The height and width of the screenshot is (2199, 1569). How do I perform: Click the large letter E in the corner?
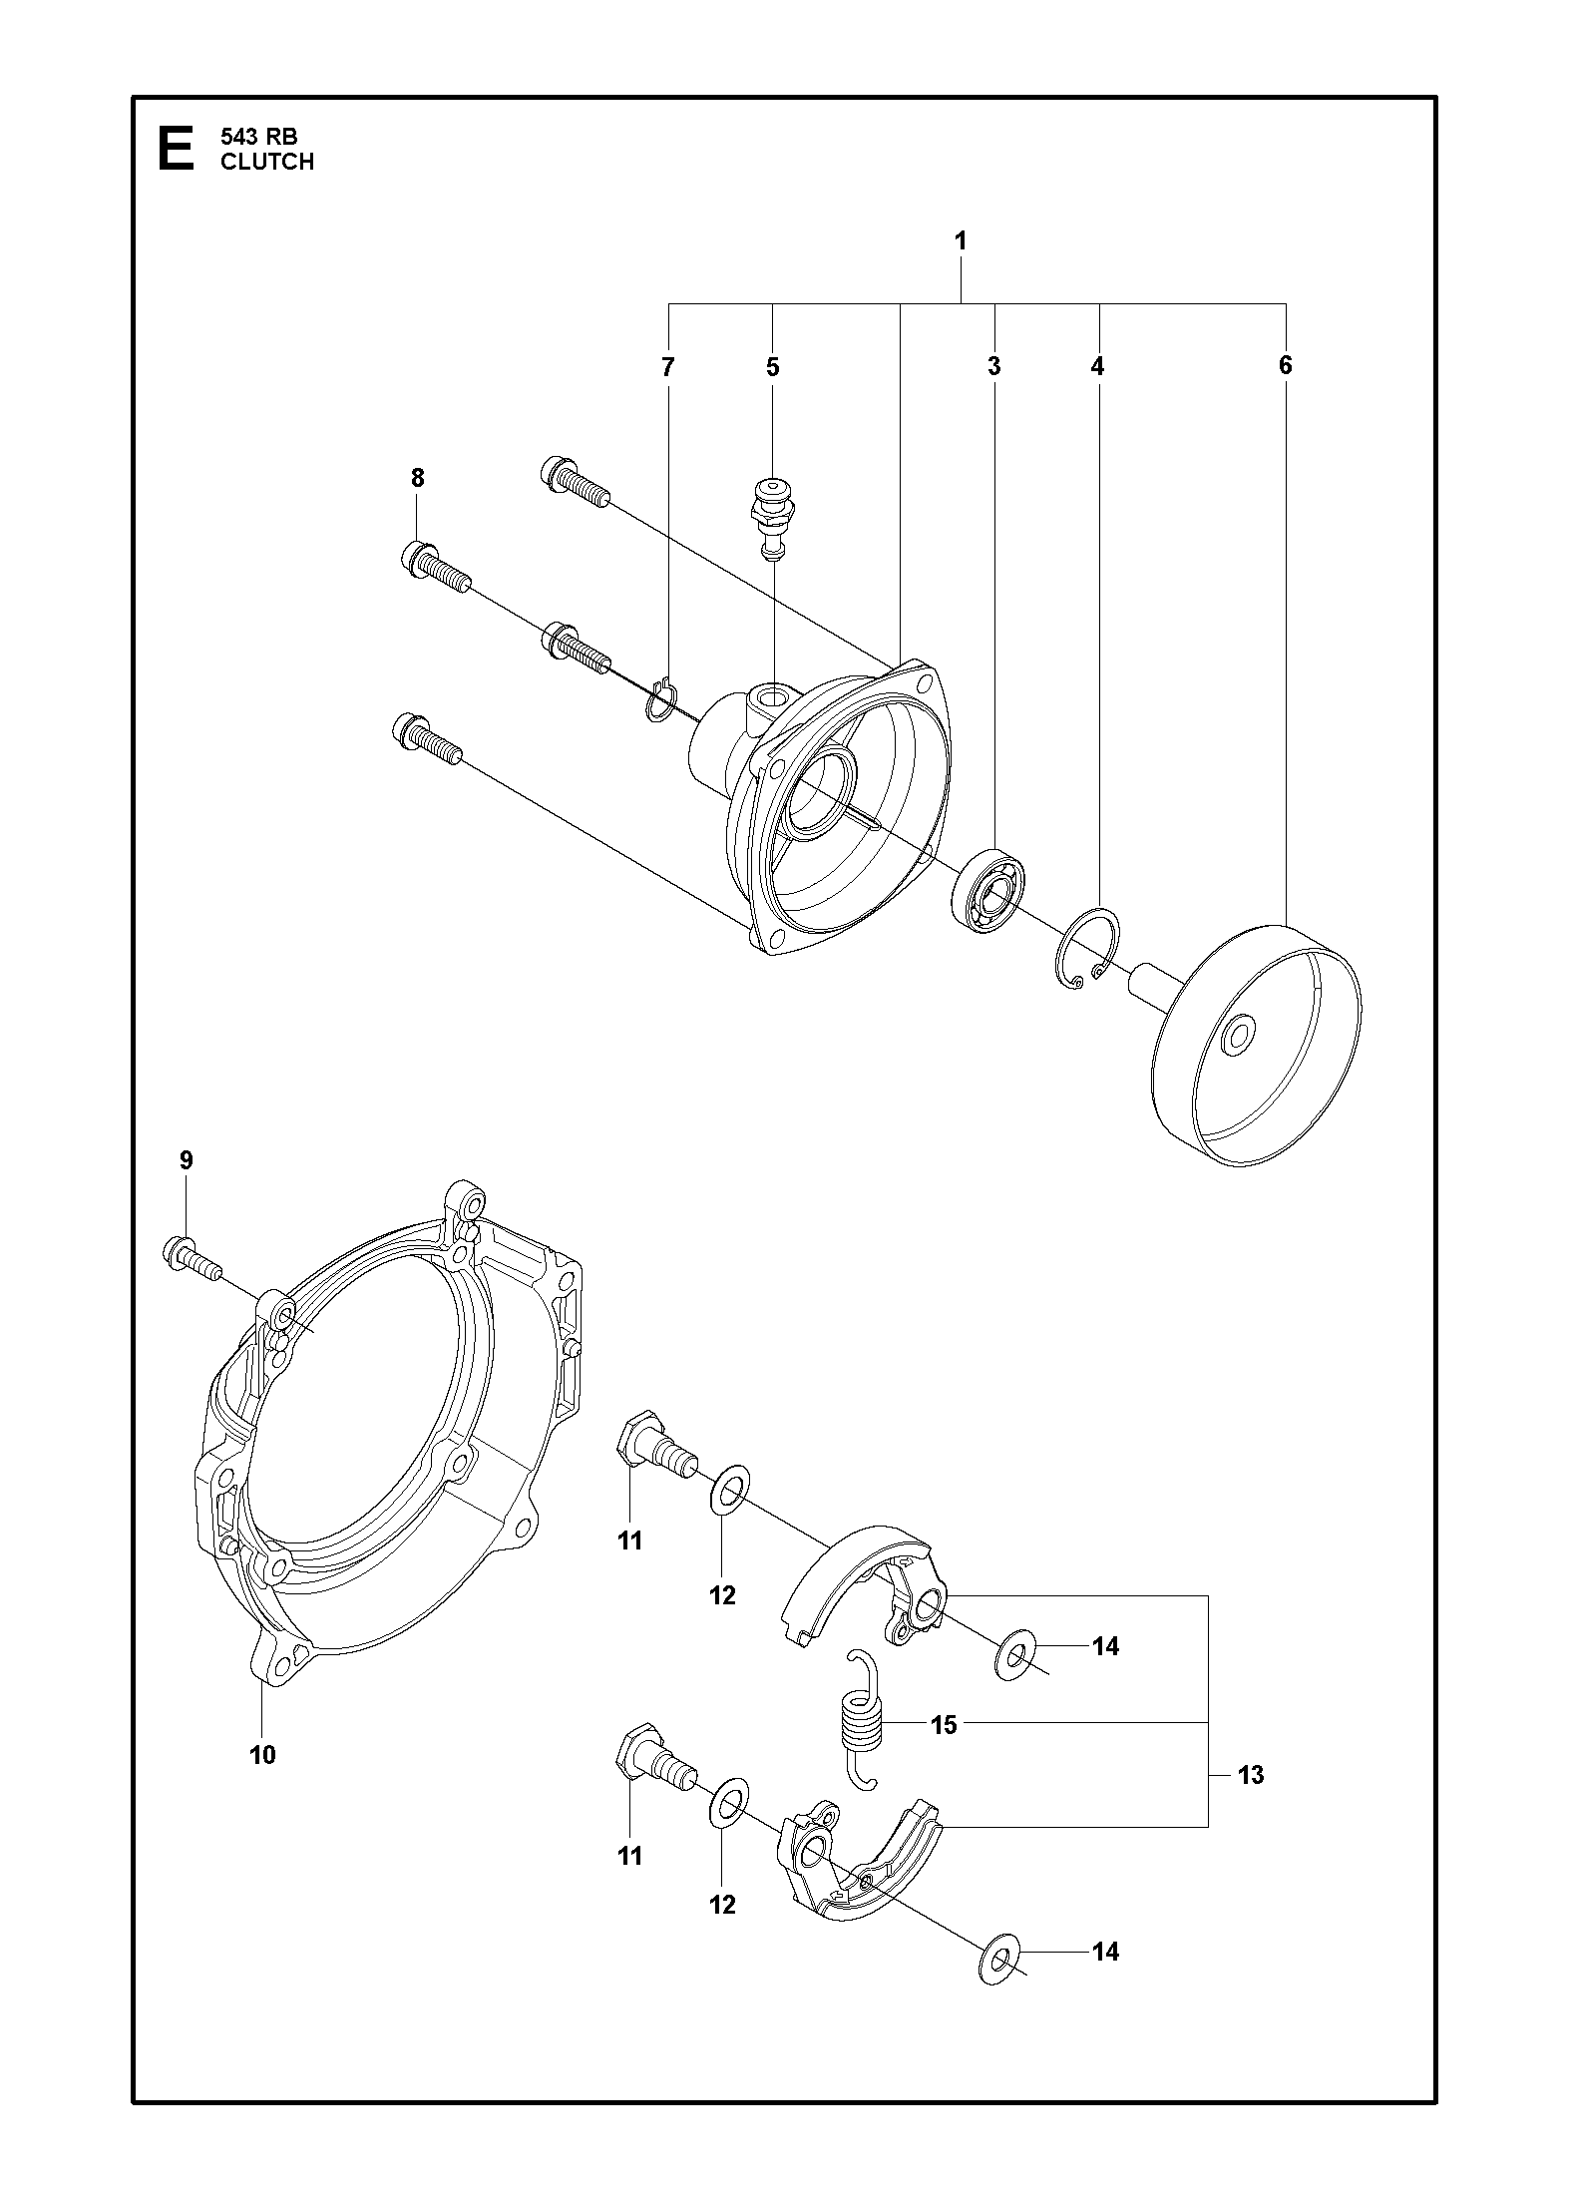point(177,149)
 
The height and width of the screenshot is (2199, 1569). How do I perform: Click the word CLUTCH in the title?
point(267,162)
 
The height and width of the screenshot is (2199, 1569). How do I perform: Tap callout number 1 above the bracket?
point(961,240)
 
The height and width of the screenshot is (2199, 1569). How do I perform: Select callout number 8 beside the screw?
point(417,478)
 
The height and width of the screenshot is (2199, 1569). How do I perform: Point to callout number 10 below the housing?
point(262,1754)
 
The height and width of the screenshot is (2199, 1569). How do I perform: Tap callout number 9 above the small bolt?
point(187,1160)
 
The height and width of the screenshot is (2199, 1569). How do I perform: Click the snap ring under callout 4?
point(1087,951)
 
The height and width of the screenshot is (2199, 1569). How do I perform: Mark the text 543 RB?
point(258,138)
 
